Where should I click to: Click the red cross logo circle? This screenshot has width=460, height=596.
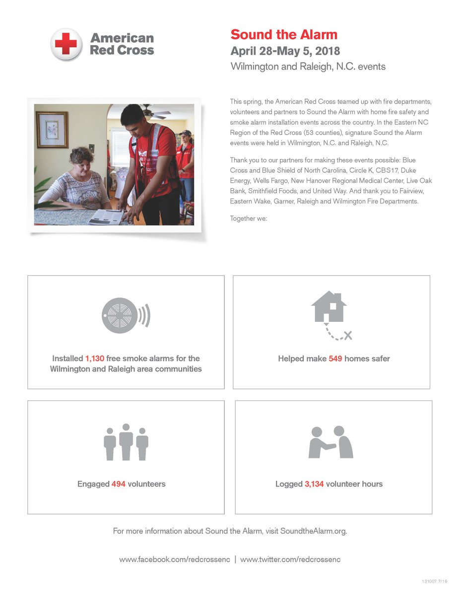[x=66, y=44]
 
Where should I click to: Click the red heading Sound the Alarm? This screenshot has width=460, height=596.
[x=284, y=35]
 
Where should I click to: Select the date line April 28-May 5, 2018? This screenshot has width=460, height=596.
[x=285, y=51]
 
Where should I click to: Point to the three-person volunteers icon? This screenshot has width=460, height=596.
[x=126, y=442]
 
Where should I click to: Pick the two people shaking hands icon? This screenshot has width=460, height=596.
[x=331, y=442]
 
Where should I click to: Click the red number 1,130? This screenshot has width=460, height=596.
[x=94, y=358]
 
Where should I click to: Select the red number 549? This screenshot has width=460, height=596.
[x=335, y=359]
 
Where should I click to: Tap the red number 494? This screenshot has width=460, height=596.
[x=119, y=484]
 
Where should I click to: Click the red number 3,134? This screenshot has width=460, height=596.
[x=314, y=484]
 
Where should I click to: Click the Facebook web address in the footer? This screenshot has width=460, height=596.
[x=174, y=559]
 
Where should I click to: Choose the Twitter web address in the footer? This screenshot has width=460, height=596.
[x=290, y=559]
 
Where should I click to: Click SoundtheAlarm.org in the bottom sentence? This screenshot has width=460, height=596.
[x=313, y=531]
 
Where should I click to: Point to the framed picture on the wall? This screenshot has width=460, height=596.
[x=52, y=130]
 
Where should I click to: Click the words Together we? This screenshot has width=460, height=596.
[x=249, y=218]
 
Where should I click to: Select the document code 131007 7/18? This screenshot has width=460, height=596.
[x=435, y=581]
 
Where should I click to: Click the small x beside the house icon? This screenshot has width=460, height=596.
[x=348, y=336]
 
